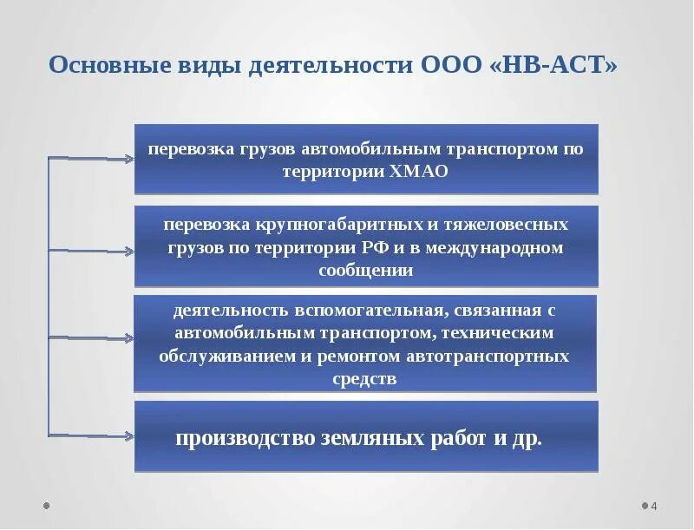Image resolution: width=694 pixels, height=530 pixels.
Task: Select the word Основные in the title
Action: click(106, 67)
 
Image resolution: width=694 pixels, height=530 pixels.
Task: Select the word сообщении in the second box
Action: click(365, 271)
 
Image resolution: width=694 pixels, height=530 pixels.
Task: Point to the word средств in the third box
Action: click(364, 380)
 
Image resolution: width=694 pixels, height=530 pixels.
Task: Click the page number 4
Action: click(654, 507)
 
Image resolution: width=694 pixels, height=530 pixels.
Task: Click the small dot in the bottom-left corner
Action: click(47, 505)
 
